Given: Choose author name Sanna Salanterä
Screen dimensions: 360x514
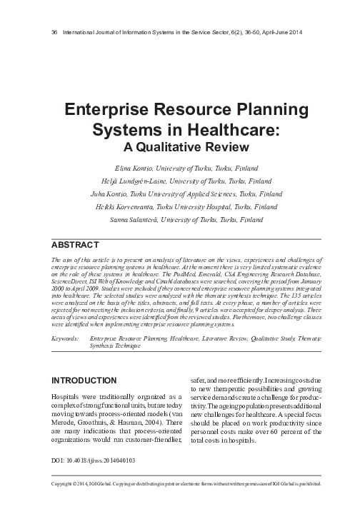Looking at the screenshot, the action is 135,220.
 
